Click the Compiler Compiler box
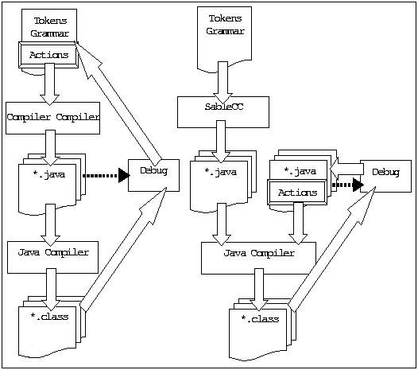coord(52,118)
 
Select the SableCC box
coord(223,112)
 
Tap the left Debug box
coord(153,175)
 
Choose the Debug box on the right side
coord(385,176)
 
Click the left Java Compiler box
coord(52,257)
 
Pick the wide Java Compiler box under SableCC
coord(258,258)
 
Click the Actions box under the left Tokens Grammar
coord(48,55)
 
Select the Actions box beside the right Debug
coord(297,193)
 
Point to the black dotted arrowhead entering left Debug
coord(124,175)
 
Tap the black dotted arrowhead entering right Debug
coord(358,185)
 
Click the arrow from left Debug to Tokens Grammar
coord(118,101)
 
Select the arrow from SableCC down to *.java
coord(221,142)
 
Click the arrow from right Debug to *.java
coord(346,169)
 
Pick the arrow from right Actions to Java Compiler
coord(298,224)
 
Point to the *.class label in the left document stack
coord(49,317)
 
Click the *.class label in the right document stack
coord(260,319)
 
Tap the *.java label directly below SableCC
coord(221,172)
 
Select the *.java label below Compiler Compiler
coord(49,174)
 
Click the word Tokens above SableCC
coord(225,18)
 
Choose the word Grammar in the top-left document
coord(49,33)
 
